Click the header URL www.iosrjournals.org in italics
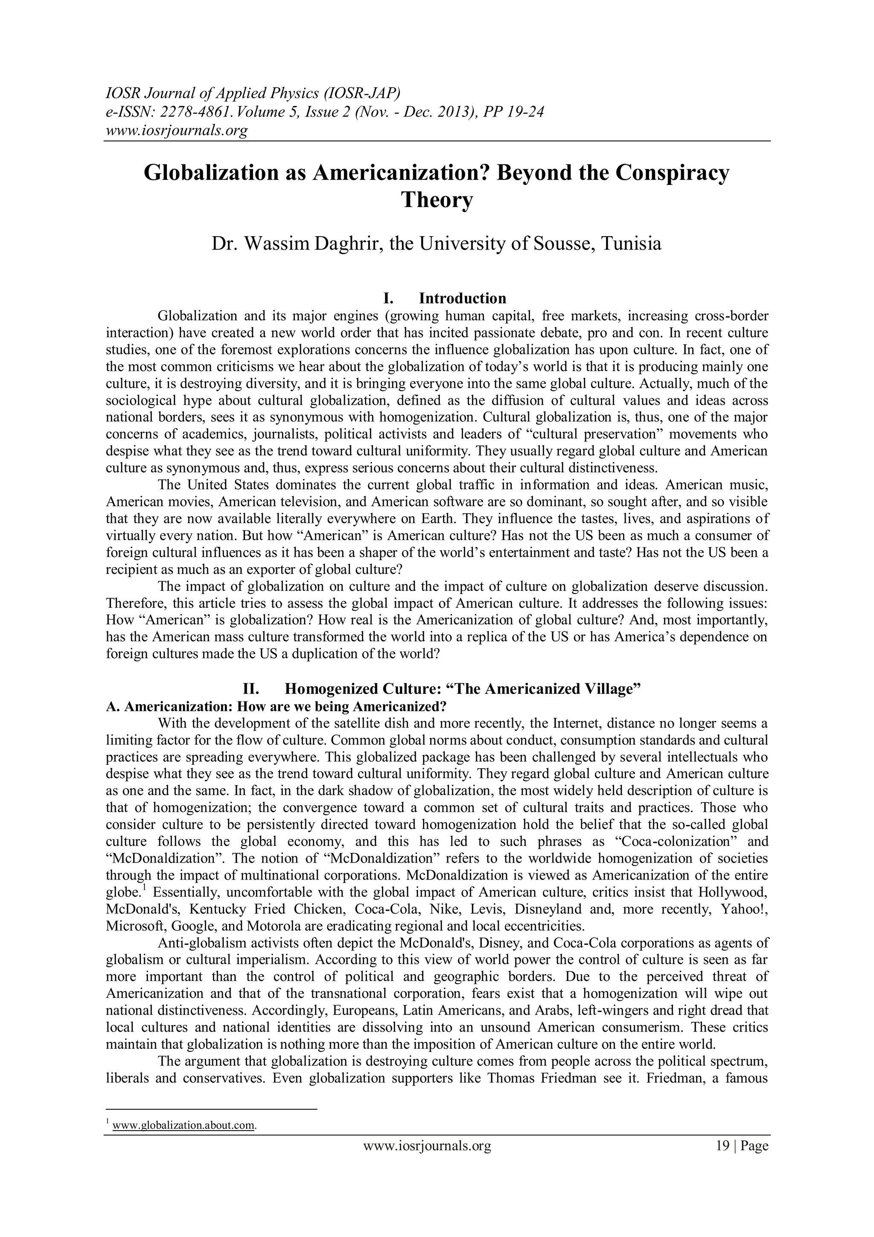(x=176, y=130)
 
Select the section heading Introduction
(x=462, y=298)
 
